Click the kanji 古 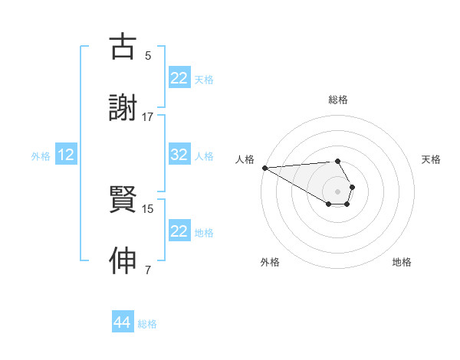[123, 47]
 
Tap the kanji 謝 [123, 108]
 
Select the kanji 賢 [123, 201]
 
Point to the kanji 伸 [123, 261]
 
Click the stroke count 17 [148, 116]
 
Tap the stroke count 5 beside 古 [148, 55]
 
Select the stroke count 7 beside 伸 [148, 270]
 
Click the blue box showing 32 [179, 155]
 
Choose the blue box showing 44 [122, 323]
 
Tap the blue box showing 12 [66, 155]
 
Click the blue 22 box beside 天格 [179, 78]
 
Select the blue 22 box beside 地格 [179, 231]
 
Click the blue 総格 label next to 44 [147, 324]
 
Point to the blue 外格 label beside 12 [41, 155]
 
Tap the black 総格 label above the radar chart [337, 100]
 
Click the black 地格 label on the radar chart [402, 262]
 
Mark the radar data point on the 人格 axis [264, 168]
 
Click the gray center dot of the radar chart [337, 191]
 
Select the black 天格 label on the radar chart [431, 159]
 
